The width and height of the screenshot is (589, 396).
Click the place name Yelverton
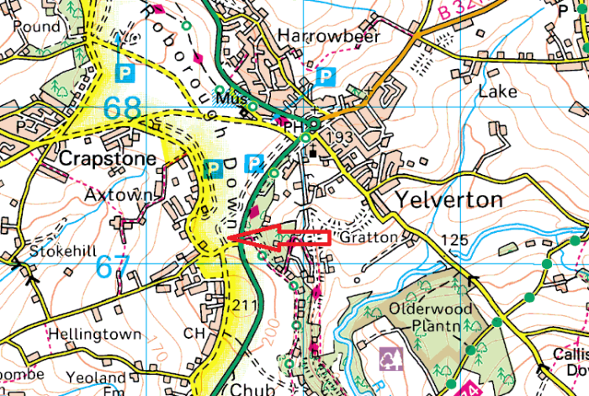point(447,199)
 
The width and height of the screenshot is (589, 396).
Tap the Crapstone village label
point(108,159)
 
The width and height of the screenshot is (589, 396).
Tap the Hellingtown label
point(94,335)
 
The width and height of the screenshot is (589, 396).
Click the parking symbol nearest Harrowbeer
point(325,77)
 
